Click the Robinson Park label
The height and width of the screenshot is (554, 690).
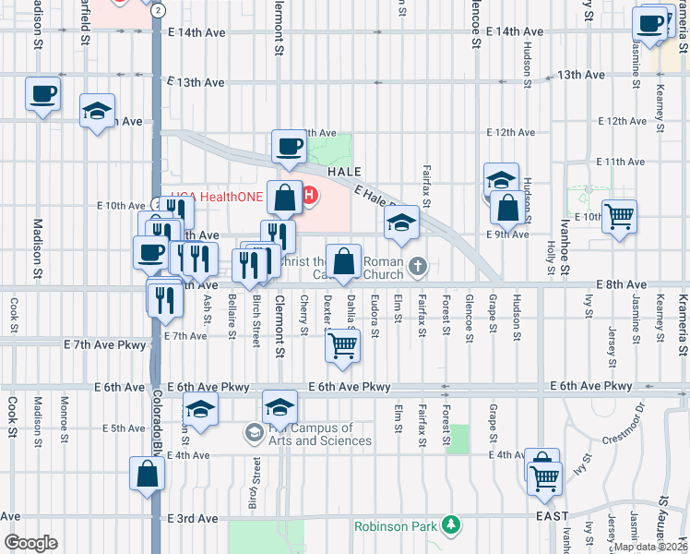point(396,527)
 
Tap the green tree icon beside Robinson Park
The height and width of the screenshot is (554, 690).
point(450,524)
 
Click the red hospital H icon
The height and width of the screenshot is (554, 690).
point(310,196)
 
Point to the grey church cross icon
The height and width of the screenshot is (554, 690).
point(418,268)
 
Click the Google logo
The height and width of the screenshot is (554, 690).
point(30,543)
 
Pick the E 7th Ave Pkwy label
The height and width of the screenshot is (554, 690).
point(105,343)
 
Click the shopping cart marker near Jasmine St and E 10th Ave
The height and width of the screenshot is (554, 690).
point(619,217)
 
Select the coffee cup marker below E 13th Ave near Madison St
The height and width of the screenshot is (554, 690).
point(43,94)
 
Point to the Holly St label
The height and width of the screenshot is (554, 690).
point(551,257)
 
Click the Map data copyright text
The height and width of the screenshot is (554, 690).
point(651,547)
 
